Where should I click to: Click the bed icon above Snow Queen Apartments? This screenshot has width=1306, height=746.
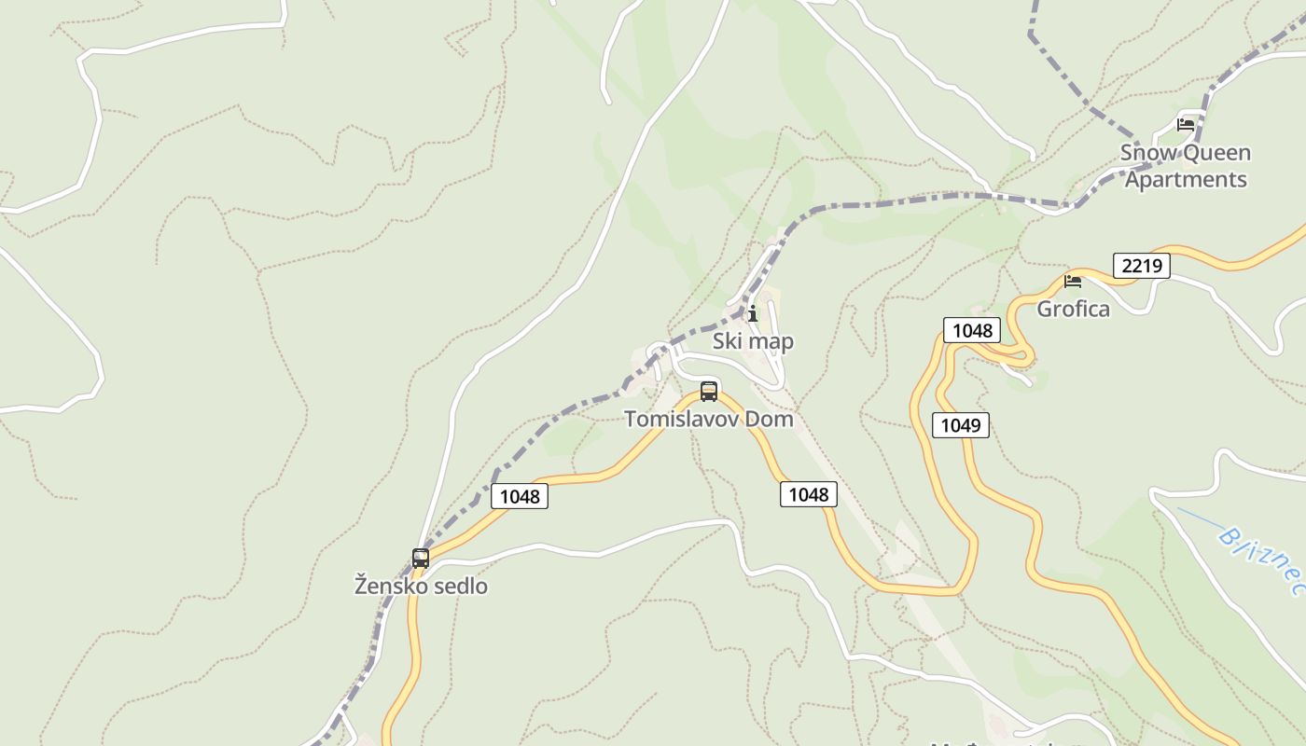click(1186, 124)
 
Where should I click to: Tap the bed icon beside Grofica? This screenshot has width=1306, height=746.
click(1073, 280)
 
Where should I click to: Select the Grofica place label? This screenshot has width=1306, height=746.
click(1074, 309)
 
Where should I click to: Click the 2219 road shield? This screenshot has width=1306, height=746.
click(1141, 266)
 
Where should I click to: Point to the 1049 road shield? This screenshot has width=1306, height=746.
click(960, 425)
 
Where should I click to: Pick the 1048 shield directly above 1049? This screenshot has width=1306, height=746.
click(972, 330)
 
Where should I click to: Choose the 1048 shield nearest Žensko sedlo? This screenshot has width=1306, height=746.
click(520, 496)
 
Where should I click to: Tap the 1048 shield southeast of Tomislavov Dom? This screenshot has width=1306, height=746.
click(808, 494)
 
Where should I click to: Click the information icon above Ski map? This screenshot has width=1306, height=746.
click(753, 313)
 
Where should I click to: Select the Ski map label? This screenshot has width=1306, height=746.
click(753, 341)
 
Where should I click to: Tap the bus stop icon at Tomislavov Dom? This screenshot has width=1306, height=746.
click(709, 391)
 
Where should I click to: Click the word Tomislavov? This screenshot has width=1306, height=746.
click(680, 419)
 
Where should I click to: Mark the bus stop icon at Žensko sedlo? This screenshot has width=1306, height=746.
click(421, 559)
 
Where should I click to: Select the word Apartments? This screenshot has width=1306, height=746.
click(1186, 179)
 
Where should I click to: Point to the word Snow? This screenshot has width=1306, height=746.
click(1146, 153)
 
